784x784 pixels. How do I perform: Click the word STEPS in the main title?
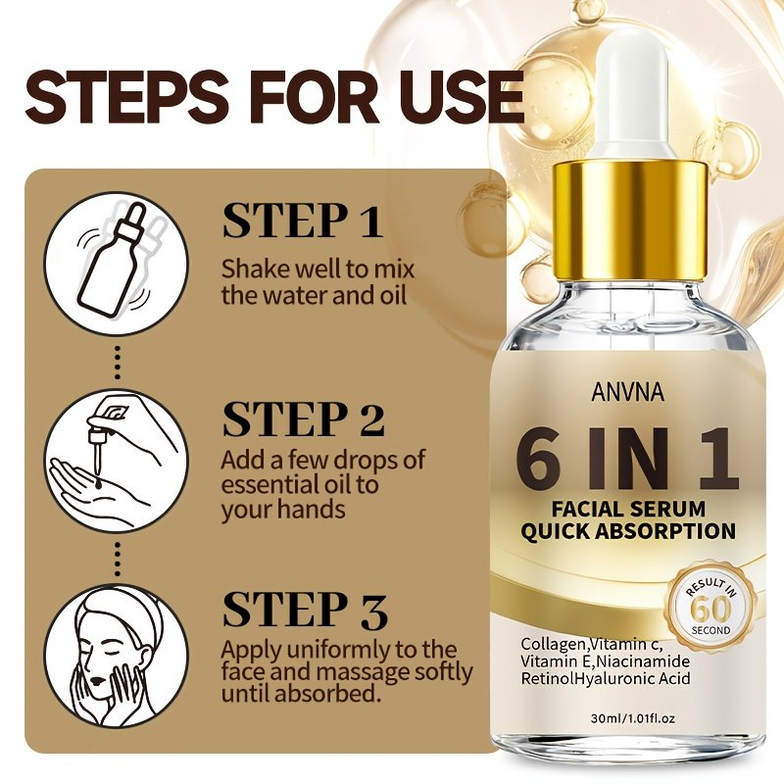[122, 97]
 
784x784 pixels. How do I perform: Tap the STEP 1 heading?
[302, 220]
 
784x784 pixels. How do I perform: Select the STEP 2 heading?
[304, 419]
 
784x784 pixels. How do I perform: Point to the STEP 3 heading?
[305, 610]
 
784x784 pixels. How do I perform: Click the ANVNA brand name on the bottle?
[628, 392]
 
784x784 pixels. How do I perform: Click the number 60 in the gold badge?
[712, 609]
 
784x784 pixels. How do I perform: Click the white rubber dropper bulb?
[632, 101]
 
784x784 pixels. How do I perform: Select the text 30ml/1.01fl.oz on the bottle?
[633, 718]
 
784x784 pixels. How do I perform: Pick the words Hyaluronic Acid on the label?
[633, 678]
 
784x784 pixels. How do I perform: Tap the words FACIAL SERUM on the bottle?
[628, 509]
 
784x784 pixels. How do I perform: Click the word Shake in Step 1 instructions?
[256, 269]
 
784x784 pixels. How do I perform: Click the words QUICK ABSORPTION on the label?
[628, 531]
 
